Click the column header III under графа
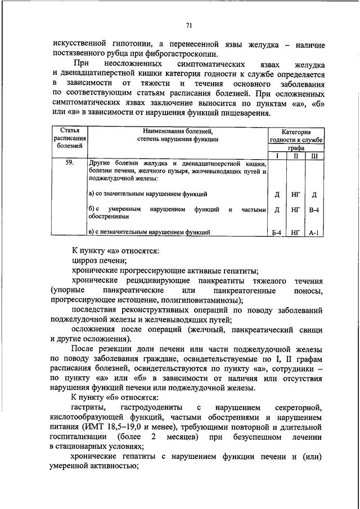(x=314, y=155)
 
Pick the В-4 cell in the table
(x=314, y=210)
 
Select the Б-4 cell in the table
(x=277, y=231)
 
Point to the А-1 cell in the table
(x=314, y=231)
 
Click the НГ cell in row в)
(x=296, y=231)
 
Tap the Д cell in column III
(x=314, y=194)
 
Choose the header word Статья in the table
(x=70, y=130)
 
